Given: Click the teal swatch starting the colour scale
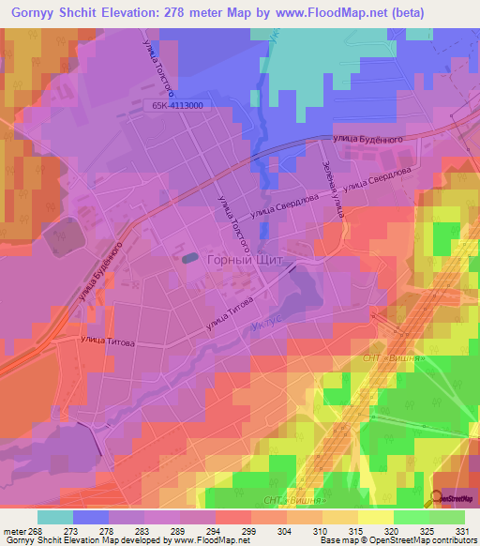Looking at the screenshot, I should pos(55,517).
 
